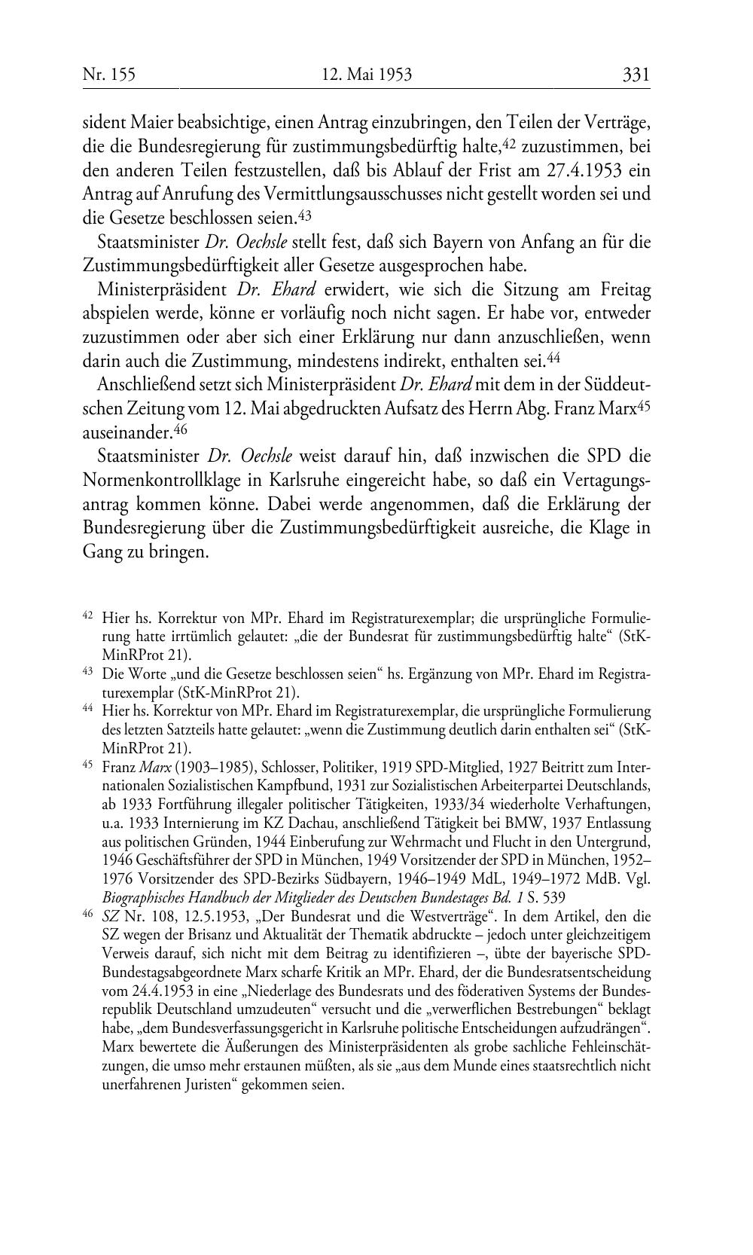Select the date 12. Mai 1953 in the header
(367, 75)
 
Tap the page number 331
(636, 75)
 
